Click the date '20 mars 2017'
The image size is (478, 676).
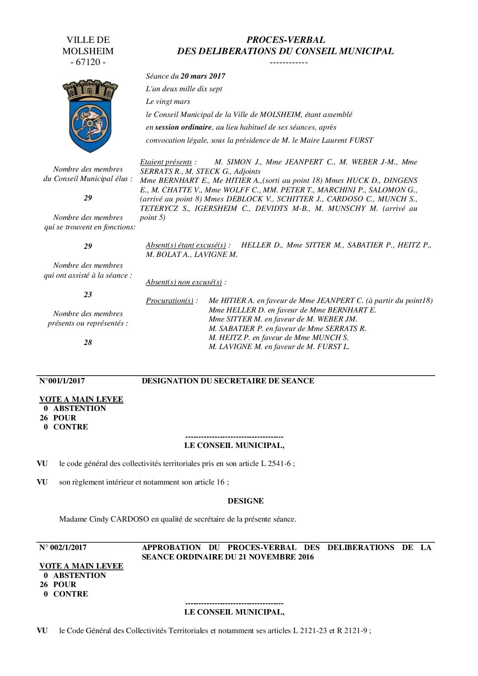pyautogui.click(x=202, y=76)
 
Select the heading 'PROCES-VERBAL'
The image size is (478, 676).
pyautogui.click(x=285, y=40)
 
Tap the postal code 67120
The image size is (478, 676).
pyautogui.click(x=88, y=62)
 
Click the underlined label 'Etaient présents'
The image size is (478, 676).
pyautogui.click(x=166, y=162)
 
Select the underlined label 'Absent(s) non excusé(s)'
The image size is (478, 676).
pyautogui.click(x=184, y=282)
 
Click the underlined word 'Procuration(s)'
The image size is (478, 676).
pyautogui.click(x=169, y=301)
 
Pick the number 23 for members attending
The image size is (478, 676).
pyautogui.click(x=88, y=294)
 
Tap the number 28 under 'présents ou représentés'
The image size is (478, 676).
pyautogui.click(x=88, y=342)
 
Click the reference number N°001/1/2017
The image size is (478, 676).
pyautogui.click(x=62, y=381)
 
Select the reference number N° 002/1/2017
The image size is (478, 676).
pyautogui.click(x=63, y=547)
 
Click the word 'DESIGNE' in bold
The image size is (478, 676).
pyautogui.click(x=245, y=501)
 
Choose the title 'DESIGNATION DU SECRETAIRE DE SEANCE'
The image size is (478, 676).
pyautogui.click(x=228, y=381)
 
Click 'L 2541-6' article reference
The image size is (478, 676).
pyautogui.click(x=276, y=463)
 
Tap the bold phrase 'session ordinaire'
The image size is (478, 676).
pyautogui.click(x=183, y=127)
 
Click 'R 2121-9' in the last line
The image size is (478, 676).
pyautogui.click(x=353, y=630)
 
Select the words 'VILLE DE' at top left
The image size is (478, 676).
pyautogui.click(x=88, y=40)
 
